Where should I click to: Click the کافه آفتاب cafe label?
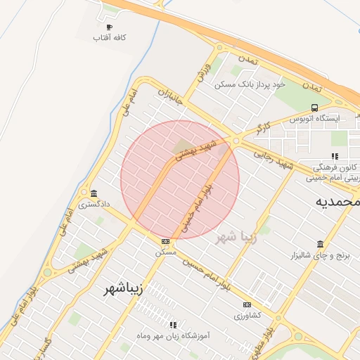(110, 37)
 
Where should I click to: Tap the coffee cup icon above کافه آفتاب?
(109, 27)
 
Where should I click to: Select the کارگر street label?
(263, 127)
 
